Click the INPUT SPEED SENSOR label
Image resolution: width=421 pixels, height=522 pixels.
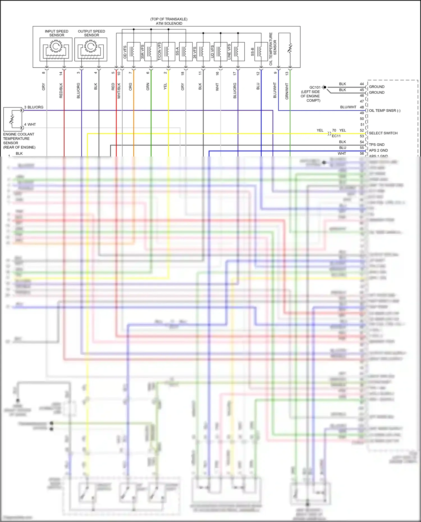click(56, 33)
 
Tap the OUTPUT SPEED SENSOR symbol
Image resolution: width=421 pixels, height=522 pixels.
click(91, 49)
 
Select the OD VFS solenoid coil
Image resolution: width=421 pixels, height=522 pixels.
click(134, 51)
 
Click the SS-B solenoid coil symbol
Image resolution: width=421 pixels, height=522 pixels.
click(261, 51)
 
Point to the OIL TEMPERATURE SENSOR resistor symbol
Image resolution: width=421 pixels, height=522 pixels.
click(290, 49)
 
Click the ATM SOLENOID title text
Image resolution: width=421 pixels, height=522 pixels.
click(169, 24)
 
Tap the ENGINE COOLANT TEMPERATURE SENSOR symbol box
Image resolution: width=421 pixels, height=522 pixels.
click(13, 119)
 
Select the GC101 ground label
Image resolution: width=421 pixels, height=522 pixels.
click(315, 88)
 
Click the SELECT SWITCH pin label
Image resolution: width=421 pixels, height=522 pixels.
click(383, 133)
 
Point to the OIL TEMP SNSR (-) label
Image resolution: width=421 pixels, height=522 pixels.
click(385, 111)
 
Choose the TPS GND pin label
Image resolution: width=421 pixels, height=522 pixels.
click(377, 145)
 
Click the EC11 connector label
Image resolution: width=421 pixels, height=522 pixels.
click(336, 136)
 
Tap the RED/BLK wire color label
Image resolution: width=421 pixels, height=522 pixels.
click(61, 90)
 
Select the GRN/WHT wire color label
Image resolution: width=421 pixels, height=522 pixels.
click(287, 91)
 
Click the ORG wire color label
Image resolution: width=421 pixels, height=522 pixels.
click(131, 87)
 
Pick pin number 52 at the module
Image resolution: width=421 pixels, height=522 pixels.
click(362, 130)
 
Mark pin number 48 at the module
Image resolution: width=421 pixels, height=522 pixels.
click(362, 107)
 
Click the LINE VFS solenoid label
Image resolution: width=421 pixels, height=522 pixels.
click(229, 52)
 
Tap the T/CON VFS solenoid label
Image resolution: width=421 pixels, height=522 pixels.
click(159, 51)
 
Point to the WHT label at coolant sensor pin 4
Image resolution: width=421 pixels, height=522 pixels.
click(32, 125)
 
